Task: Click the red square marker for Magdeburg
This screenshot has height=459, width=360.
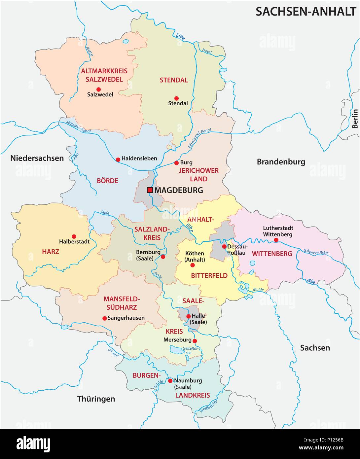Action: click(150, 190)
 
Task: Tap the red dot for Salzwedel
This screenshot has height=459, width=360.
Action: click(98, 89)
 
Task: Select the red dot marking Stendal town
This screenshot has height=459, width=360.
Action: click(176, 98)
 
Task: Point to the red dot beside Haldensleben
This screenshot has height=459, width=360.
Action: click(118, 159)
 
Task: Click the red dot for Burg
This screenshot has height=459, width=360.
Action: click(176, 163)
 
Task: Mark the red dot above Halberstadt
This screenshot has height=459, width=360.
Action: click(74, 236)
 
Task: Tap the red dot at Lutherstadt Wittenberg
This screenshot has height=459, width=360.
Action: click(276, 240)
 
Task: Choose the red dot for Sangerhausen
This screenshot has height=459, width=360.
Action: click(104, 318)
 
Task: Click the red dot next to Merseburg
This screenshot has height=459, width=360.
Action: click(195, 341)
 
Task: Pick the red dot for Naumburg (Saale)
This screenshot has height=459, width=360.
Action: click(170, 381)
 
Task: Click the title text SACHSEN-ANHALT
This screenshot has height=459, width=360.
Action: click(306, 12)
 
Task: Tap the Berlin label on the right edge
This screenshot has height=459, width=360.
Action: click(355, 119)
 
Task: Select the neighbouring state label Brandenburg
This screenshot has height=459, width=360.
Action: click(281, 162)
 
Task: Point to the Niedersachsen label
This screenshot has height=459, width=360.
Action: click(37, 158)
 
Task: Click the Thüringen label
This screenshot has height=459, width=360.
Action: click(96, 399)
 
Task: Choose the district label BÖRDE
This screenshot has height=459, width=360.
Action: click(107, 181)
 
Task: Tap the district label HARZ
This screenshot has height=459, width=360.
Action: click(51, 252)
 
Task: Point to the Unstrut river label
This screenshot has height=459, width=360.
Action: click(113, 353)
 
